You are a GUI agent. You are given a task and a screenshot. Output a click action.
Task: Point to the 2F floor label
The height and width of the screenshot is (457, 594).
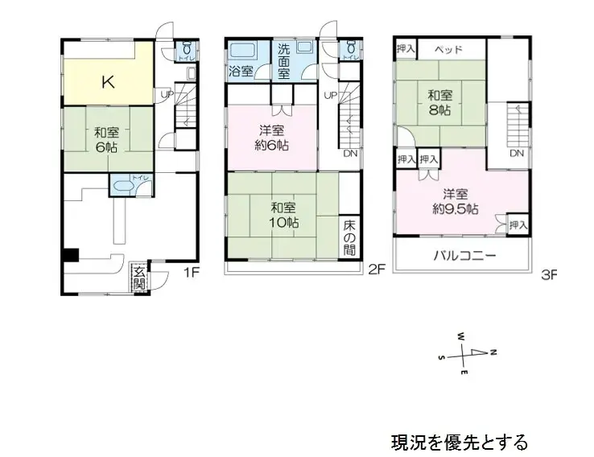(377, 270)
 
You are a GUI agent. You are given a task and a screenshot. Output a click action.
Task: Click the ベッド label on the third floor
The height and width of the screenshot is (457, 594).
(448, 49)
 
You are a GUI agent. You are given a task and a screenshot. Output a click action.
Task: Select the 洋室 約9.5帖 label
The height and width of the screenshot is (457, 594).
(455, 200)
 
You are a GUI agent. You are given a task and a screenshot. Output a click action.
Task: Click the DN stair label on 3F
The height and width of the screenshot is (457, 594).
(518, 153)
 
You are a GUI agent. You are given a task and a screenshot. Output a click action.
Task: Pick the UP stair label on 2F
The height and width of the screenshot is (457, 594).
(330, 95)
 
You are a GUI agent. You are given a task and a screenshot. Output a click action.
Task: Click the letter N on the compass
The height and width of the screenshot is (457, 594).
(493, 352)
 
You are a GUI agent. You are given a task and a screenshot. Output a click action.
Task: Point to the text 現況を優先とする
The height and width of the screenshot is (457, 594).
(460, 442)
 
